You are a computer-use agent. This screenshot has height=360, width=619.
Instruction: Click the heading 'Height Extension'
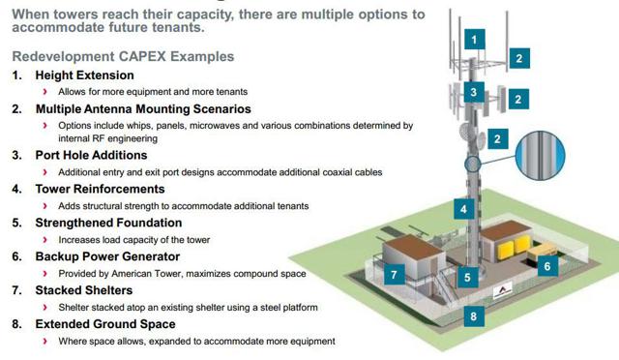(84, 75)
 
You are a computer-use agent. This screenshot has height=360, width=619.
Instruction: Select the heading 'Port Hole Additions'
(91, 154)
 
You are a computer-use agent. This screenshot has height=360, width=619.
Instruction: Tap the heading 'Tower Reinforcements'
(100, 189)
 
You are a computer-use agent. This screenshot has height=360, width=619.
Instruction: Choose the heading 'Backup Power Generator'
(107, 256)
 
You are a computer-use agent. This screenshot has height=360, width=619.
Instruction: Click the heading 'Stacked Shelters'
(84, 289)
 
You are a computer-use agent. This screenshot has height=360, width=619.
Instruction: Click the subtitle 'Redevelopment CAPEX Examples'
(116, 55)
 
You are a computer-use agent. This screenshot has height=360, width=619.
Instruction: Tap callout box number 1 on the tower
(474, 40)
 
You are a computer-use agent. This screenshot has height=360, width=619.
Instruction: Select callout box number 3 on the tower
(473, 93)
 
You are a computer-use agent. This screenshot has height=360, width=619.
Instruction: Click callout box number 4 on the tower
(464, 208)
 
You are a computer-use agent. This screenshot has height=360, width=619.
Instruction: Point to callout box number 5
(467, 277)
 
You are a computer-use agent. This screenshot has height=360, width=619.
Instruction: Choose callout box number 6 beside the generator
(546, 265)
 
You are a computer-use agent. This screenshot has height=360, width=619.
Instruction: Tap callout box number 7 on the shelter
(394, 275)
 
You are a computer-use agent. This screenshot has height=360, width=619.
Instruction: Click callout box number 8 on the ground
(473, 315)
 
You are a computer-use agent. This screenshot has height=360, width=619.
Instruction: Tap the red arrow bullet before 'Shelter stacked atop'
(45, 307)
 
